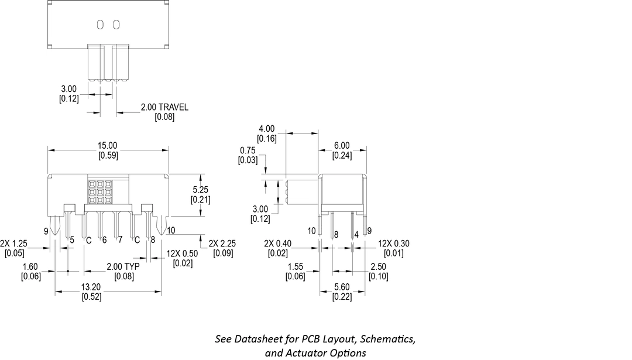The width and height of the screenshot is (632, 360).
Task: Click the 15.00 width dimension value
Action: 108,145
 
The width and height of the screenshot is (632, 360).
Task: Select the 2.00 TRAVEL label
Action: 164,107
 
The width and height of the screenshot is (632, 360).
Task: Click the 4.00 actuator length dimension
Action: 266,129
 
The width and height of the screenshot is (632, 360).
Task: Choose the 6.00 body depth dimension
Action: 342,146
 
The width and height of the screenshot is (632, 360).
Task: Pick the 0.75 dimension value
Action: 248,150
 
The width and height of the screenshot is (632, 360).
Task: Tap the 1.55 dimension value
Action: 295,267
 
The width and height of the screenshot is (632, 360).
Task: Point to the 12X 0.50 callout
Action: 182,253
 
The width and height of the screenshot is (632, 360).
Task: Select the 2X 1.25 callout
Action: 13,244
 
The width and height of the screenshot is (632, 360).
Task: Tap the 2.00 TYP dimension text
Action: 122,267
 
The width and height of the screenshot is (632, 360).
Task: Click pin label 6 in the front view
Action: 104,239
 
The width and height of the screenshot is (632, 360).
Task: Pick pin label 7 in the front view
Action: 120,239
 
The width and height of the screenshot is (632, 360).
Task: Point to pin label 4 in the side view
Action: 356,235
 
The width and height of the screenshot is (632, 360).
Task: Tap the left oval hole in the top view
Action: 100,24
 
